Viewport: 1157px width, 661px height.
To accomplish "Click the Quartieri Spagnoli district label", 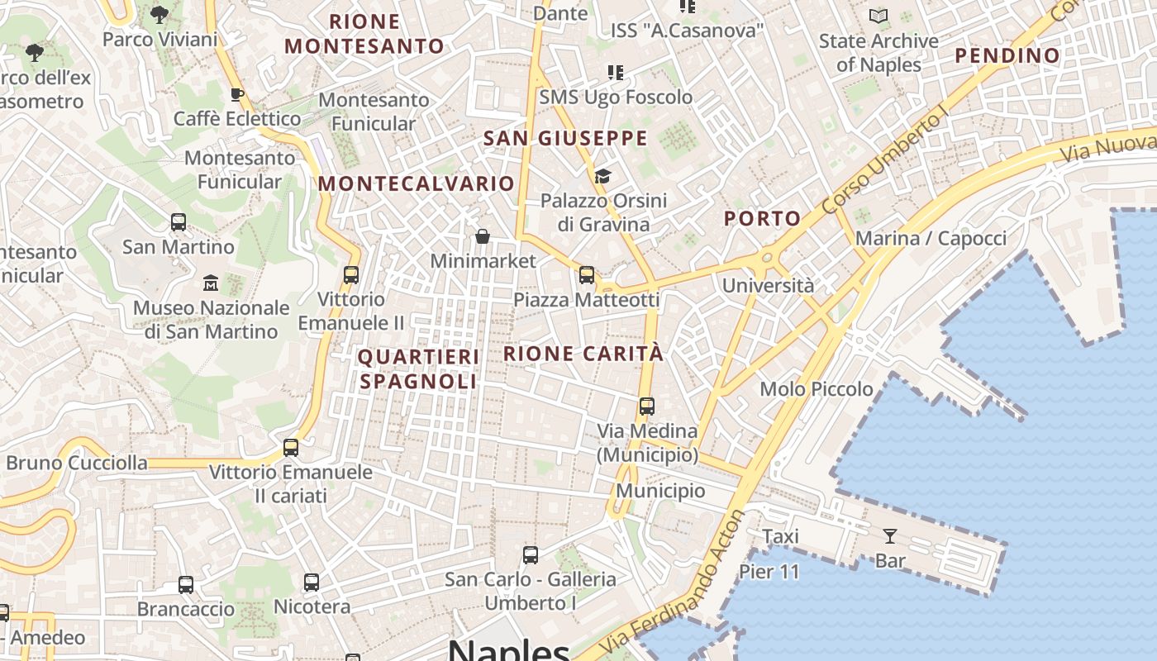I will click(x=418, y=369).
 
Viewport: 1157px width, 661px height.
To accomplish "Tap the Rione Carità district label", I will click(x=583, y=354).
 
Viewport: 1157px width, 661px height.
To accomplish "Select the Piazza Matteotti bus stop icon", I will click(x=587, y=275).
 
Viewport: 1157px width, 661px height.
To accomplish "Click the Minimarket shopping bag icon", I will click(x=483, y=237).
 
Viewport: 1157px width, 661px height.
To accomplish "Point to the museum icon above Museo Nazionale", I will click(x=211, y=283).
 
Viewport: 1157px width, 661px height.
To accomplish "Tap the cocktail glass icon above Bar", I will click(x=890, y=536).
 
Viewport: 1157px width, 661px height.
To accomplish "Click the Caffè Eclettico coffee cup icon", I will click(x=237, y=94).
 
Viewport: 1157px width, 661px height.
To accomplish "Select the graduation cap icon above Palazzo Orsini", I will click(x=602, y=176).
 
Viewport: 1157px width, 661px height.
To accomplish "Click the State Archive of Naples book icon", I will click(x=878, y=16).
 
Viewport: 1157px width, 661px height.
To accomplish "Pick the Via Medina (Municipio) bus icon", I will click(x=647, y=407).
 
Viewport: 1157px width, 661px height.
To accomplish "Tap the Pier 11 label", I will click(x=769, y=571).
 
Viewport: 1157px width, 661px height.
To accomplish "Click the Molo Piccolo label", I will click(x=817, y=388).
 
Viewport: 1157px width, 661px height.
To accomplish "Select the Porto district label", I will click(x=763, y=218).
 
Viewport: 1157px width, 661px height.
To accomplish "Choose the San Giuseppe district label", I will click(x=565, y=138).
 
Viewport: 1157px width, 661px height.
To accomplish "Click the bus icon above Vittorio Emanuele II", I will click(x=351, y=275).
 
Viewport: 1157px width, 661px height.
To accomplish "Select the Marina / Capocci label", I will click(x=931, y=239).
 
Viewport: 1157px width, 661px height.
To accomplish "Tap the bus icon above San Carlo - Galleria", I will click(x=531, y=555).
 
